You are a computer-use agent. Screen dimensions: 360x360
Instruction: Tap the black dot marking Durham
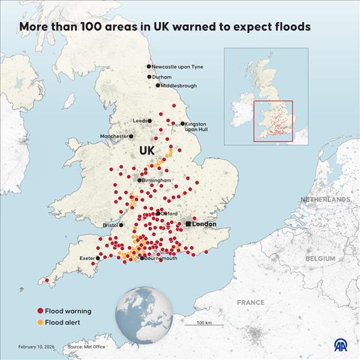(150, 77)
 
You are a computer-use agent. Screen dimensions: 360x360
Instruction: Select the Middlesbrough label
(179, 85)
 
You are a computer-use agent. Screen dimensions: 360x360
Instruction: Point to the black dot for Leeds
(150, 120)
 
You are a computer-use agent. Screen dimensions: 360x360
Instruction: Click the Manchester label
(114, 136)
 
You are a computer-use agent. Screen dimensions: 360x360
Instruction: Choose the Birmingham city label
(157, 181)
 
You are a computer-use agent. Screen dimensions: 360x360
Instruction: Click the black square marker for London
(188, 224)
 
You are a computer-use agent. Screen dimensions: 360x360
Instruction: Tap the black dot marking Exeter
(97, 258)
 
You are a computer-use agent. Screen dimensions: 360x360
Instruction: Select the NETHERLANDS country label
(325, 200)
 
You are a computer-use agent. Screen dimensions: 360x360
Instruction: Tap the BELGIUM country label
(320, 259)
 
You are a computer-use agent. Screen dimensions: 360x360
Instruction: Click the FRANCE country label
(250, 302)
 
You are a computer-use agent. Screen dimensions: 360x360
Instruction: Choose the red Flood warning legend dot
(40, 311)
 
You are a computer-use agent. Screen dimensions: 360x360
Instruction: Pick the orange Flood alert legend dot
(40, 323)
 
